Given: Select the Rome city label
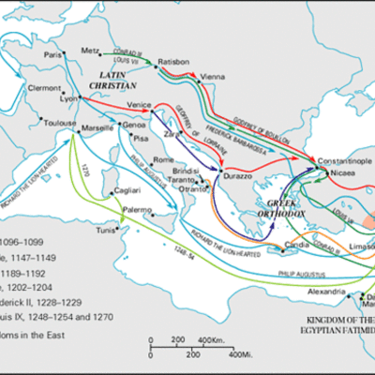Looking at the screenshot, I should click(164, 160).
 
